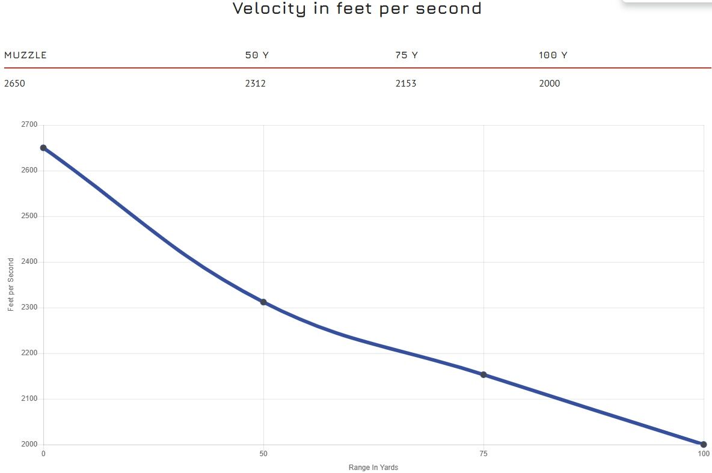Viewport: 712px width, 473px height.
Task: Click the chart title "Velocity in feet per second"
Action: click(357, 9)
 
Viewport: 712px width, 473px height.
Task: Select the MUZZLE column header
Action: click(25, 55)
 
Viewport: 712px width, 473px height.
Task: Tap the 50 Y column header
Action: click(257, 55)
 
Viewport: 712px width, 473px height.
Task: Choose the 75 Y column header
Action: click(407, 55)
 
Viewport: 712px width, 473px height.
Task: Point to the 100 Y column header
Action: click(553, 55)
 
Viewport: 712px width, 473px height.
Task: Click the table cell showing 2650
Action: click(14, 84)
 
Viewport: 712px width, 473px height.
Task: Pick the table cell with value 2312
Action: click(256, 84)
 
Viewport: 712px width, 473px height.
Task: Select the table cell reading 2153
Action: click(406, 84)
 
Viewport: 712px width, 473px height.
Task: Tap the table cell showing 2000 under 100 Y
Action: click(550, 84)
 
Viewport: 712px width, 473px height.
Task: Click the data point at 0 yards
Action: click(43, 148)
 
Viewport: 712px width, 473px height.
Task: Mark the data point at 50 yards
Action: click(263, 302)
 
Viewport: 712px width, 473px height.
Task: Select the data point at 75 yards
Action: click(483, 374)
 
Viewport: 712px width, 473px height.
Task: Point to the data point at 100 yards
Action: click(704, 445)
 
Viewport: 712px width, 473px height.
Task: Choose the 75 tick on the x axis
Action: click(483, 454)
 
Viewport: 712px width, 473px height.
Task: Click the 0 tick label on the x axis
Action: click(43, 454)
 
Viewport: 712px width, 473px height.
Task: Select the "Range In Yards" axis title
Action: click(373, 468)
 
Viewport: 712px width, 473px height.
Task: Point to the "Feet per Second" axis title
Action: click(11, 285)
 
